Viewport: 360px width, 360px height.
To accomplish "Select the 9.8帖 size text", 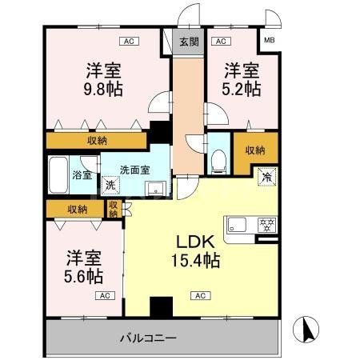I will tap(104, 87).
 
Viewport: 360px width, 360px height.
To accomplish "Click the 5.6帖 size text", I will tap(83, 276).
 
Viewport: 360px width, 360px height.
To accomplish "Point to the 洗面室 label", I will tap(134, 169).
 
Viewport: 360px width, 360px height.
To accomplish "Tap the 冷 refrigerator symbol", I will tap(264, 177).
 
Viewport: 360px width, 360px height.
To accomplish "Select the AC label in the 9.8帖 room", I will tap(127, 40).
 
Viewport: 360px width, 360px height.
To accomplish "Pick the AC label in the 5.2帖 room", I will tap(221, 40).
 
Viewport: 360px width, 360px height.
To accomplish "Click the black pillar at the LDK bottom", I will tap(162, 307).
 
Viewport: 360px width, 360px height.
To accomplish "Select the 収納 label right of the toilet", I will tap(255, 150).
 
